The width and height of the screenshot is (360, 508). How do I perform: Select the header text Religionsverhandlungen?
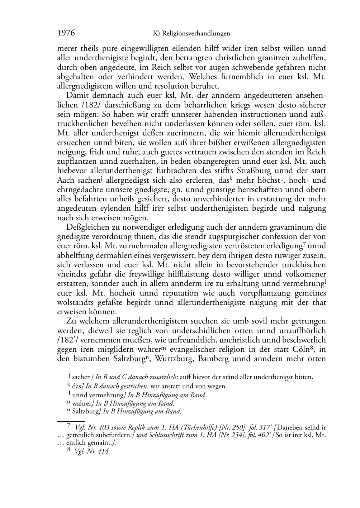click(x=196, y=34)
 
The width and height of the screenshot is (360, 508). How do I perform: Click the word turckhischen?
click(x=303, y=265)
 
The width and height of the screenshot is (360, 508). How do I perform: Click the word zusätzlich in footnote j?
click(x=164, y=377)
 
